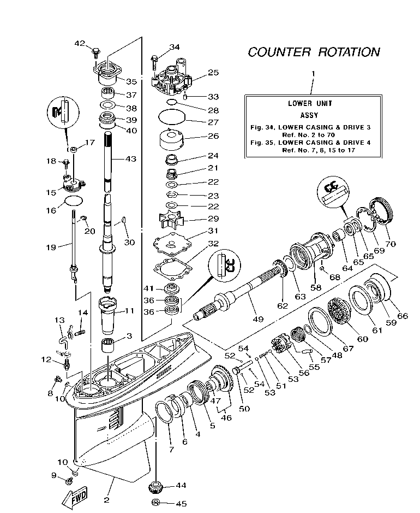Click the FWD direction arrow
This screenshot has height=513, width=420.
(74, 496)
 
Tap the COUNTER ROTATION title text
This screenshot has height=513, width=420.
(314, 52)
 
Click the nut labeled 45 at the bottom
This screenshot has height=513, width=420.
(155, 503)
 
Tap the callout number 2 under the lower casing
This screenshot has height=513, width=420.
(106, 499)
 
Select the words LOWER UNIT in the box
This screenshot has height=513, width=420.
(310, 103)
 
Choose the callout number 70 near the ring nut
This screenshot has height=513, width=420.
(391, 244)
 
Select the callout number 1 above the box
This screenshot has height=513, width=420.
(313, 73)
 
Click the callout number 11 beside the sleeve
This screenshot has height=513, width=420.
(129, 311)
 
